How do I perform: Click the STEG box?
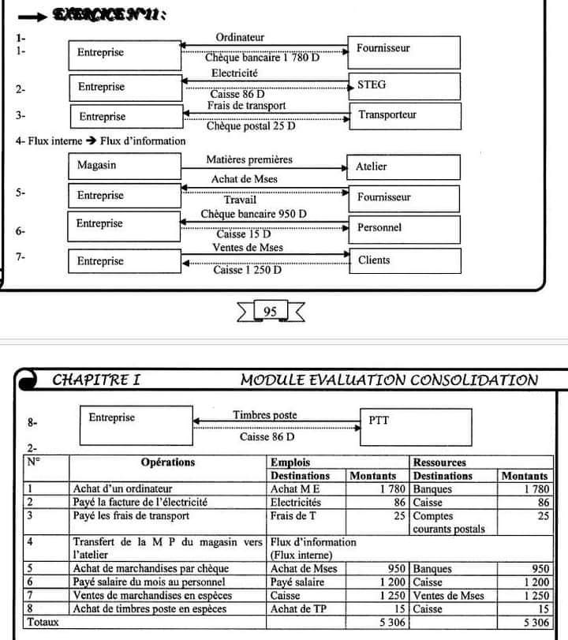tap(403, 85)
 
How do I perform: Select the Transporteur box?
tap(403, 115)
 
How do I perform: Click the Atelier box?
tap(403, 167)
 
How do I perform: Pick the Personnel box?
tap(403, 227)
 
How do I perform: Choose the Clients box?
tap(403, 260)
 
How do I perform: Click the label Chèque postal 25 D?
tap(250, 126)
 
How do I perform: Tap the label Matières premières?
tap(248, 159)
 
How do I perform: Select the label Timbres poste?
tap(265, 415)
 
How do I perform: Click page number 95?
tap(270, 312)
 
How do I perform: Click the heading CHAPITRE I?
tap(95, 380)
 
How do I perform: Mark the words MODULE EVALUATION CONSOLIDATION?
tap(389, 380)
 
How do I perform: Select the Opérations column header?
tap(167, 462)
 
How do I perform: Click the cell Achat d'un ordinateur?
tap(122, 489)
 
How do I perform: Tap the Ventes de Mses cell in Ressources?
tap(448, 596)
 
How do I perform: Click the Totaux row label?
tap(43, 622)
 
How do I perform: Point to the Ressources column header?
tap(439, 462)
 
